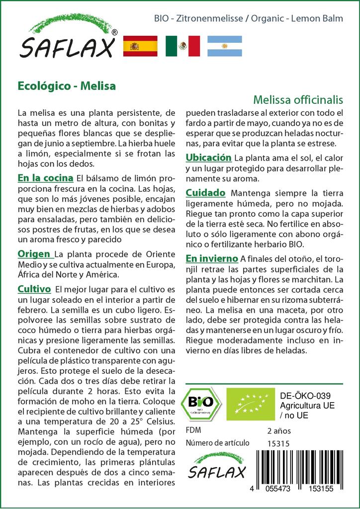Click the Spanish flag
pos(140,46)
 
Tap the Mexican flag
pos(182,46)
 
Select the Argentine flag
pos(225,46)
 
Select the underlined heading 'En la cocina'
pos(45,178)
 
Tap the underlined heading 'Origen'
pos(35,254)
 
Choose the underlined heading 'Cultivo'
pos(34,289)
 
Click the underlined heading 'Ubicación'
pos(208,158)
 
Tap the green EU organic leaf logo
pos(250,404)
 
